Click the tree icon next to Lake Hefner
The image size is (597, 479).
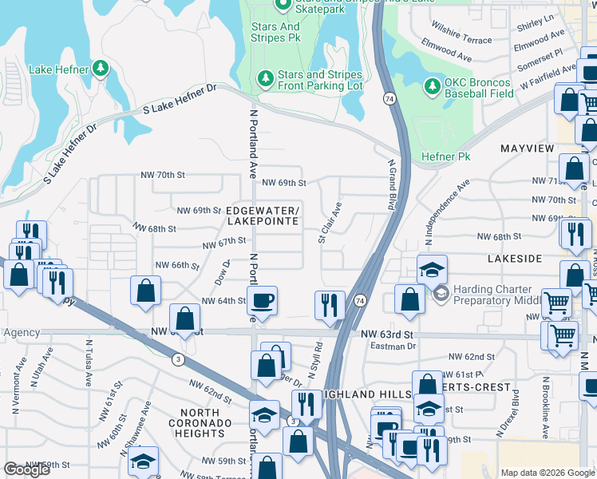coord(101,68)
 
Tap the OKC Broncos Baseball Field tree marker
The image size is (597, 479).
coord(432,85)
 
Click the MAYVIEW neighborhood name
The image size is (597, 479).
coord(527,148)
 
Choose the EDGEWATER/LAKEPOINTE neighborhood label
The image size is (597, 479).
coord(263,216)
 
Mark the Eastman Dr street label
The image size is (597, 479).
coord(394,346)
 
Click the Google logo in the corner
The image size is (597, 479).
coord(26,469)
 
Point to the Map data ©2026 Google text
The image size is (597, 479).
coord(548,473)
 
